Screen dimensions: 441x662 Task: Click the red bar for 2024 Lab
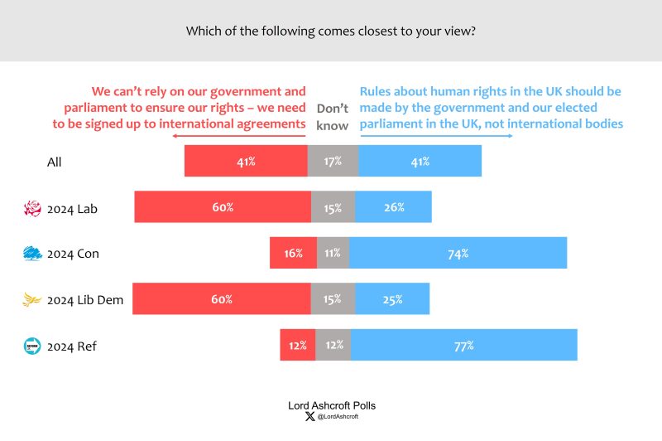point(223,207)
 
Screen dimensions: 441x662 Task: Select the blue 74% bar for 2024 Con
point(458,253)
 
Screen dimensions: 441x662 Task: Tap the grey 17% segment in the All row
point(333,161)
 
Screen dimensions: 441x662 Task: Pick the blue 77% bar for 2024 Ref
point(463,345)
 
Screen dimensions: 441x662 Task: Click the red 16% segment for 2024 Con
point(293,253)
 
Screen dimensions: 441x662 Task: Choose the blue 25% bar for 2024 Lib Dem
point(392,298)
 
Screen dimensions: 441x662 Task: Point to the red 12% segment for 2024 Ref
point(297,345)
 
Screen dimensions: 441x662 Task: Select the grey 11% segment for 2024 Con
point(333,253)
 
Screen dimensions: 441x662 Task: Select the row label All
point(55,162)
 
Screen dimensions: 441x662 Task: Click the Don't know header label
point(333,117)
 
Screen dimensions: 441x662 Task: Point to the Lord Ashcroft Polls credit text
point(331,405)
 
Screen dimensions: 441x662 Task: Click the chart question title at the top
point(331,31)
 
